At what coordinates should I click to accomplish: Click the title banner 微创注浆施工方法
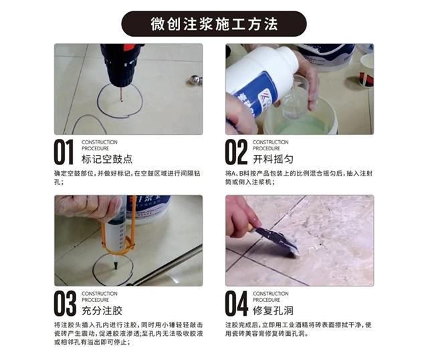point(214,24)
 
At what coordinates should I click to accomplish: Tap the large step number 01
point(64,152)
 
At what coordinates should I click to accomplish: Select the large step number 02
point(236,152)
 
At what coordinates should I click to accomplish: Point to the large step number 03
point(65,303)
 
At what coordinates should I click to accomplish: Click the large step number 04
point(236,303)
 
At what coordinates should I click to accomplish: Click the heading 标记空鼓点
point(107,159)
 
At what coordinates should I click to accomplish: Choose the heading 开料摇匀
point(273,159)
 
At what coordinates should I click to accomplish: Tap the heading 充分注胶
point(102,311)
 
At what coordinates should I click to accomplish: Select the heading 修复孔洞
point(273,311)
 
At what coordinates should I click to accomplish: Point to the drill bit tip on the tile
point(121,101)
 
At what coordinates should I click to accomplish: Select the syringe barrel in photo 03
point(116,234)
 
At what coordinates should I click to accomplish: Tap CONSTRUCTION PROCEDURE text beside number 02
point(270,146)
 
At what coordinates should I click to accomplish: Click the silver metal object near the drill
point(195,80)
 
